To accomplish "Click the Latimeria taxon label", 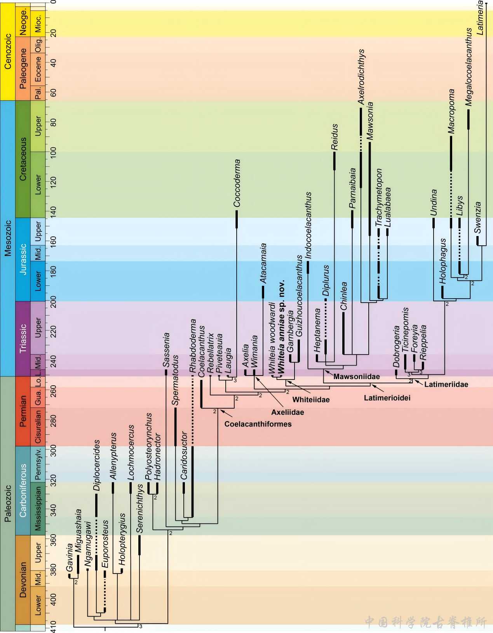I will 480,18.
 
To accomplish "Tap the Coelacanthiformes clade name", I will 258,424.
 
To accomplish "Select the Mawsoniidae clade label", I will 356,376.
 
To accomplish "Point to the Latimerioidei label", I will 387,398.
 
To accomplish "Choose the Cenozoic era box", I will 8,51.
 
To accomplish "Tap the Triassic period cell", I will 23,338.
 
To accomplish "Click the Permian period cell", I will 23,411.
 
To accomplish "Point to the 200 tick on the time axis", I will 53,301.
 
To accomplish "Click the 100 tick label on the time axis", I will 53,152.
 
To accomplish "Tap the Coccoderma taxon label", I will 237,183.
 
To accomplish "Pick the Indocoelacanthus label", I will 308,225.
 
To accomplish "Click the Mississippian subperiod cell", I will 38,509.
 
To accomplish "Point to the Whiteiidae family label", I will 311,400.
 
